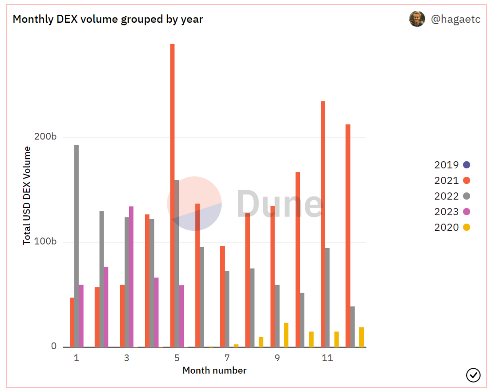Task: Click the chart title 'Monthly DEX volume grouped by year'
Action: (x=108, y=20)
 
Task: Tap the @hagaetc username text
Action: (x=456, y=20)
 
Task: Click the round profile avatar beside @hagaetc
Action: (x=417, y=19)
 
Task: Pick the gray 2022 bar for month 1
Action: (x=77, y=245)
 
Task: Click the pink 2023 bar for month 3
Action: (x=131, y=276)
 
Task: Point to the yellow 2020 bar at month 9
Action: (x=286, y=335)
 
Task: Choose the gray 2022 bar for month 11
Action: (x=327, y=297)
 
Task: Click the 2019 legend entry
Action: (x=452, y=165)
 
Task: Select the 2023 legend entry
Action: (x=452, y=212)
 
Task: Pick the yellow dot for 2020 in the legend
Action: (x=466, y=227)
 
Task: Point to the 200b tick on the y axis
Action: (x=48, y=137)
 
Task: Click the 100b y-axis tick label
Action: (x=48, y=242)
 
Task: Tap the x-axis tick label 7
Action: (x=227, y=358)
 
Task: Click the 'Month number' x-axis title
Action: (x=214, y=371)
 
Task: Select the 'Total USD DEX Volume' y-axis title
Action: (x=28, y=195)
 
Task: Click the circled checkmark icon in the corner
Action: (x=473, y=375)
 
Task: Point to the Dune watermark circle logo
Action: (x=194, y=203)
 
